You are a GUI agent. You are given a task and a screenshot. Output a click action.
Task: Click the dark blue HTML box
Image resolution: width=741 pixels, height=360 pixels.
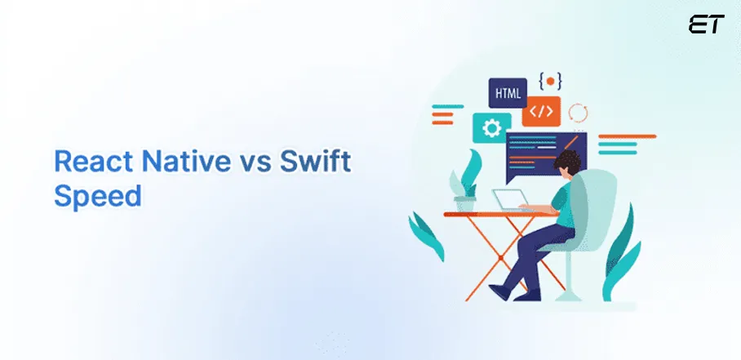(508, 92)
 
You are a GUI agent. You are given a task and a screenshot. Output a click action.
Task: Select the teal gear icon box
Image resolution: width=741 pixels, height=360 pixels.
(492, 128)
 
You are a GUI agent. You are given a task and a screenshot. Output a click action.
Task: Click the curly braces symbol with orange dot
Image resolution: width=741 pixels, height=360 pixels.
(550, 82)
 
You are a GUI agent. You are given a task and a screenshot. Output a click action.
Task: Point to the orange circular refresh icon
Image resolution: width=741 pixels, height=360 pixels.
(578, 113)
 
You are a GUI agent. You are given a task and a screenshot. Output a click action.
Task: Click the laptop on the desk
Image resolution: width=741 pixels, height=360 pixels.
(512, 200)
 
